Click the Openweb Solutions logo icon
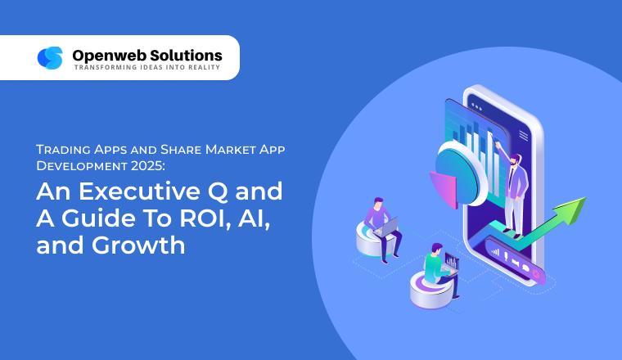[50, 58]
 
